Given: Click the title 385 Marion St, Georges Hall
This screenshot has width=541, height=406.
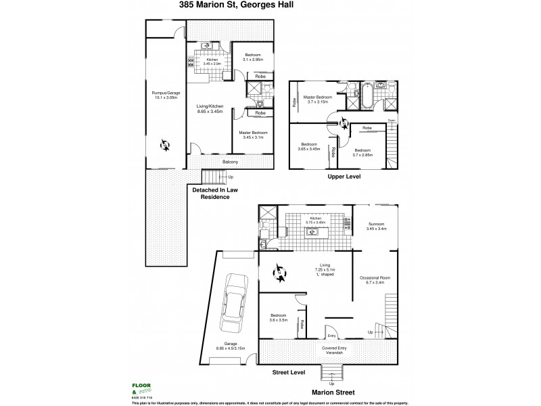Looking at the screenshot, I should tap(270, 6).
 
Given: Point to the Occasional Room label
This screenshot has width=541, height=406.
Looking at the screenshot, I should tap(374, 279).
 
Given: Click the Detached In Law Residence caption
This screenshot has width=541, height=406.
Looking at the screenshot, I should tap(216, 193).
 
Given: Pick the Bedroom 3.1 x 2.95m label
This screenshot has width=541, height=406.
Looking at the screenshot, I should tap(252, 57).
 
